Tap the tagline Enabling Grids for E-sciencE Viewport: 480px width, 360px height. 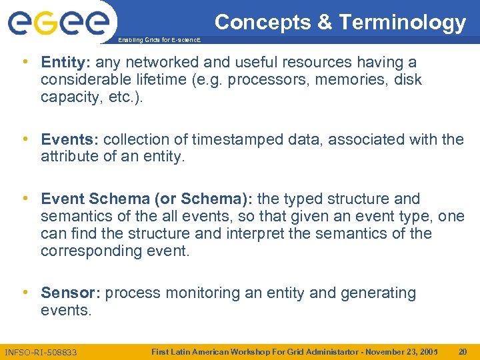point(159,41)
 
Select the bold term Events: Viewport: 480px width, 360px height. point(69,140)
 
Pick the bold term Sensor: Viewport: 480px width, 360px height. point(71,293)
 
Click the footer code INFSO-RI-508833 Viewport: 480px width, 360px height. point(41,351)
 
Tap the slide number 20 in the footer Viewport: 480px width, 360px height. point(462,351)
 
